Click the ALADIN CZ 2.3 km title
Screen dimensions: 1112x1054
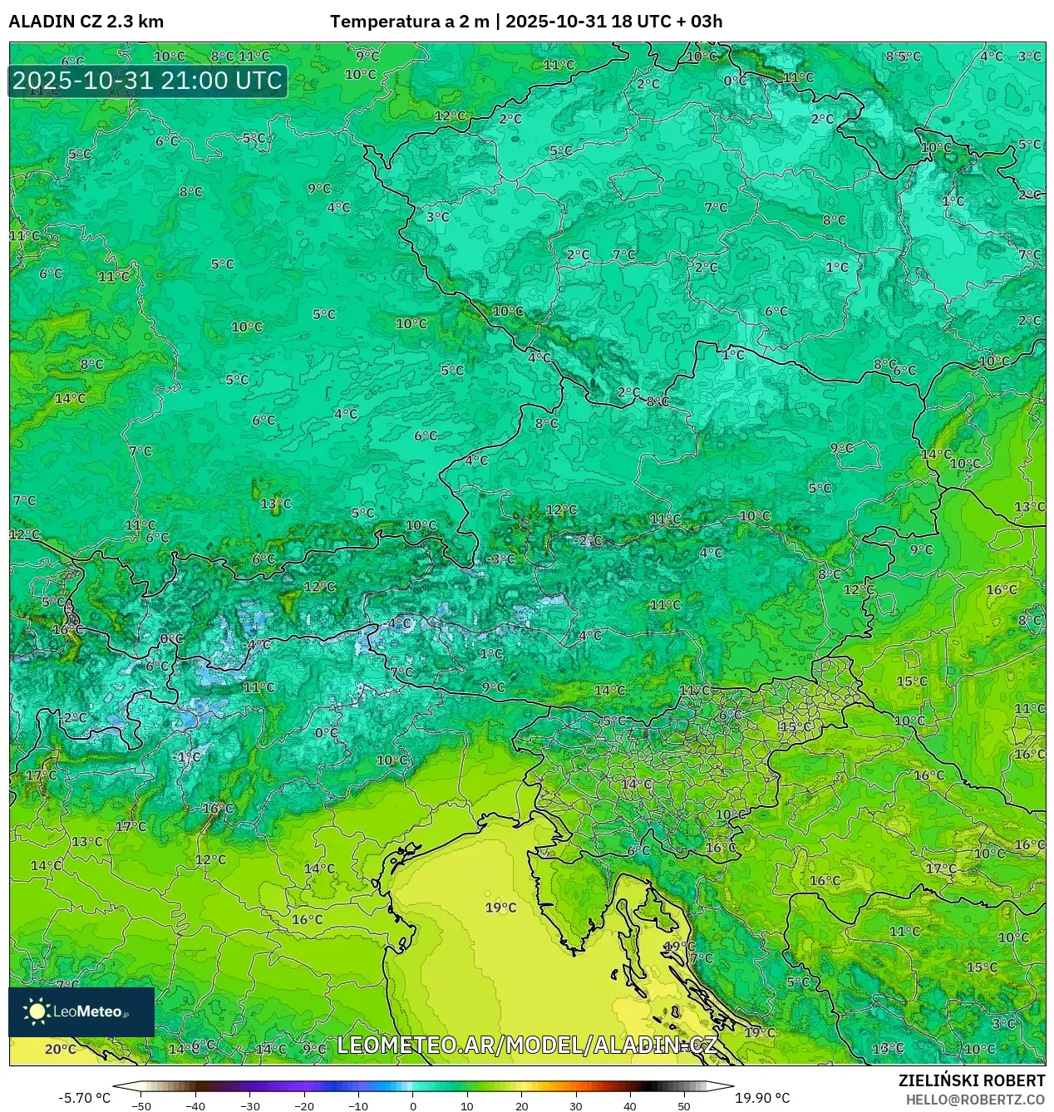click(x=86, y=22)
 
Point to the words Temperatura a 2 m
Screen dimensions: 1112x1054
click(x=410, y=22)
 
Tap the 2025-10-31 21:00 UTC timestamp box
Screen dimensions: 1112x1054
click(x=148, y=81)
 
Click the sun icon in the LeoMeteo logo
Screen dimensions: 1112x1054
click(x=37, y=1011)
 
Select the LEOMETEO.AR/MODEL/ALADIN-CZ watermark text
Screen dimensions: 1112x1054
click(x=526, y=1045)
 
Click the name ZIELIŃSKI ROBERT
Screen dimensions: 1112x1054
click(x=971, y=1080)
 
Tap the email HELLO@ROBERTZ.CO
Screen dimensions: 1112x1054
click(x=975, y=1100)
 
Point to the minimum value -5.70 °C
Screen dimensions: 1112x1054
click(x=84, y=1098)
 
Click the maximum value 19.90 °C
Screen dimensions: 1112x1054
click(x=762, y=1098)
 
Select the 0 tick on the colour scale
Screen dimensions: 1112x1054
click(x=413, y=1105)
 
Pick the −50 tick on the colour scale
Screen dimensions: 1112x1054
click(x=141, y=1105)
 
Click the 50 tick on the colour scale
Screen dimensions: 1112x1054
click(x=683, y=1105)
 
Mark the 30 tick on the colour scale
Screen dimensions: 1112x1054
click(x=575, y=1105)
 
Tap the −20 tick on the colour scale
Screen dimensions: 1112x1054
click(x=304, y=1105)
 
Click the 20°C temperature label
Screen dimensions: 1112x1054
click(x=60, y=1049)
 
